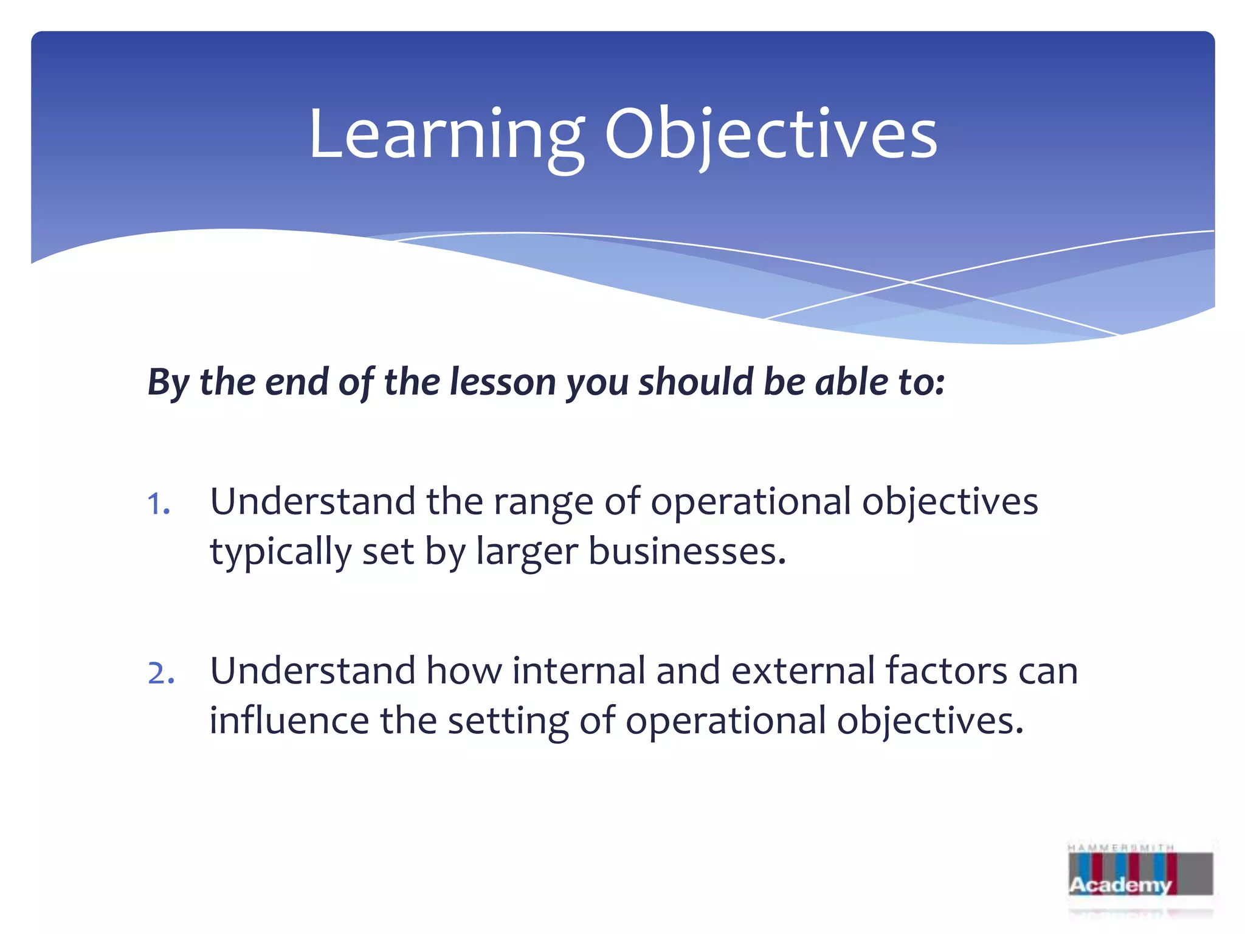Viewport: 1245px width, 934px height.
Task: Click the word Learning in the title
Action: click(x=446, y=135)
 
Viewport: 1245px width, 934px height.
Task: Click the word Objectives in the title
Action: click(x=770, y=135)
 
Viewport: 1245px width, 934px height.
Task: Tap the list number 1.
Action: click(x=158, y=504)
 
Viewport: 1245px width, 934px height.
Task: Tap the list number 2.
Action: click(x=160, y=673)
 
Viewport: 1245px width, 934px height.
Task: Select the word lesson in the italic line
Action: click(x=502, y=382)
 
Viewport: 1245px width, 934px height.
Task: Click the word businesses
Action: click(x=687, y=552)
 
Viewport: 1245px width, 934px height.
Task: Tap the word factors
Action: click(x=947, y=671)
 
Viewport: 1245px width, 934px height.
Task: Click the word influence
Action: click(x=289, y=721)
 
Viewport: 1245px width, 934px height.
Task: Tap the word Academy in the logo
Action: click(x=1120, y=885)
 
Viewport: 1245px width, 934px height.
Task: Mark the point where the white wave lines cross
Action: click(x=910, y=282)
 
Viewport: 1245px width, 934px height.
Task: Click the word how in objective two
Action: click(x=463, y=671)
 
